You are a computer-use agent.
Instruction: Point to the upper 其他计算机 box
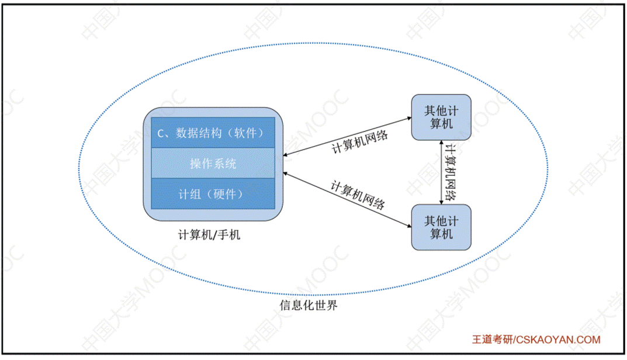point(441,117)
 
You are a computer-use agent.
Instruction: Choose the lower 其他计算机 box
point(441,227)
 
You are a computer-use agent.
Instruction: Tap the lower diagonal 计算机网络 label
point(358,195)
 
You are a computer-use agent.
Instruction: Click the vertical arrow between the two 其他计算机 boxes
point(441,172)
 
